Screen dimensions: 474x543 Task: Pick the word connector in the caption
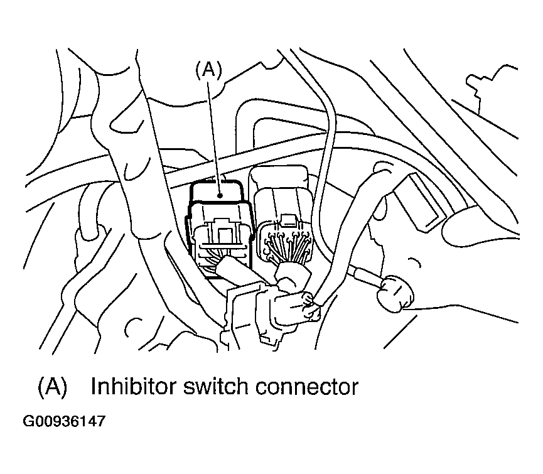[307, 386]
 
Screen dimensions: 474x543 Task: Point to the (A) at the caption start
[52, 386]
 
